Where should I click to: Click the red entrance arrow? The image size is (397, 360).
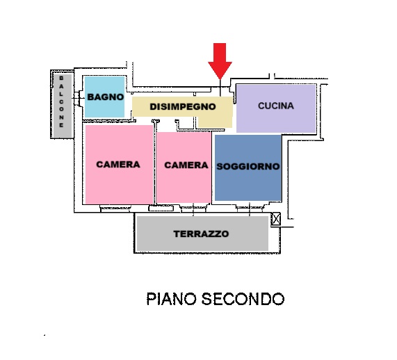coord(220,60)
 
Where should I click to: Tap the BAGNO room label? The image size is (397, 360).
coord(105,97)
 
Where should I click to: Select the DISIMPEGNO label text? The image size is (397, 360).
coord(183,106)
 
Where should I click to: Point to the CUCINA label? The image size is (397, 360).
coord(276,106)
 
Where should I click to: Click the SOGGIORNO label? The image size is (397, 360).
coord(248,166)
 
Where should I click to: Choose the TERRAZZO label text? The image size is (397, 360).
coord(201,234)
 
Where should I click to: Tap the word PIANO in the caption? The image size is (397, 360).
coord(172,299)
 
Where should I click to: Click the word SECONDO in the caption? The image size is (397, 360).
coord(243,299)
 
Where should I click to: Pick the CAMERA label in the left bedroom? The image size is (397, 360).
coord(118,164)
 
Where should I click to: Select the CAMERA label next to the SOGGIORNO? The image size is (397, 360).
coord(186,165)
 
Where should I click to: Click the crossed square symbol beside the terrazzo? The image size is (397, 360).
coord(276,219)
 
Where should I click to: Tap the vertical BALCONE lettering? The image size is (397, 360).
coord(61,101)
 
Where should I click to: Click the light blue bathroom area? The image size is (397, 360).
coord(104,97)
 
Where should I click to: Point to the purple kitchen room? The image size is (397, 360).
coord(276,108)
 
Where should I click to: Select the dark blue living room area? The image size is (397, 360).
coord(248,167)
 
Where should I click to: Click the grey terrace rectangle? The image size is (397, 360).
coord(202,234)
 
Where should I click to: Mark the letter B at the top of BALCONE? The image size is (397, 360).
coord(61,78)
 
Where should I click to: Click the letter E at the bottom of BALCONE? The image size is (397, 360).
coord(61,125)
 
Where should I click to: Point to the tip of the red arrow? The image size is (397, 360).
coord(220,79)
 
